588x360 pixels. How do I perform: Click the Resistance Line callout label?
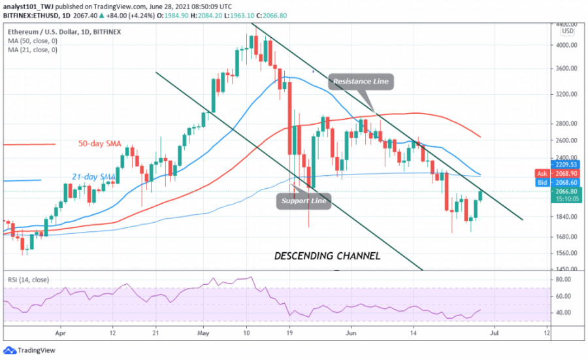361,82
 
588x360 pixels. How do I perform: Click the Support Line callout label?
304,201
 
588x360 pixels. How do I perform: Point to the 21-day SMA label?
93,176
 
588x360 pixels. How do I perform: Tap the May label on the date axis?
203,331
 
